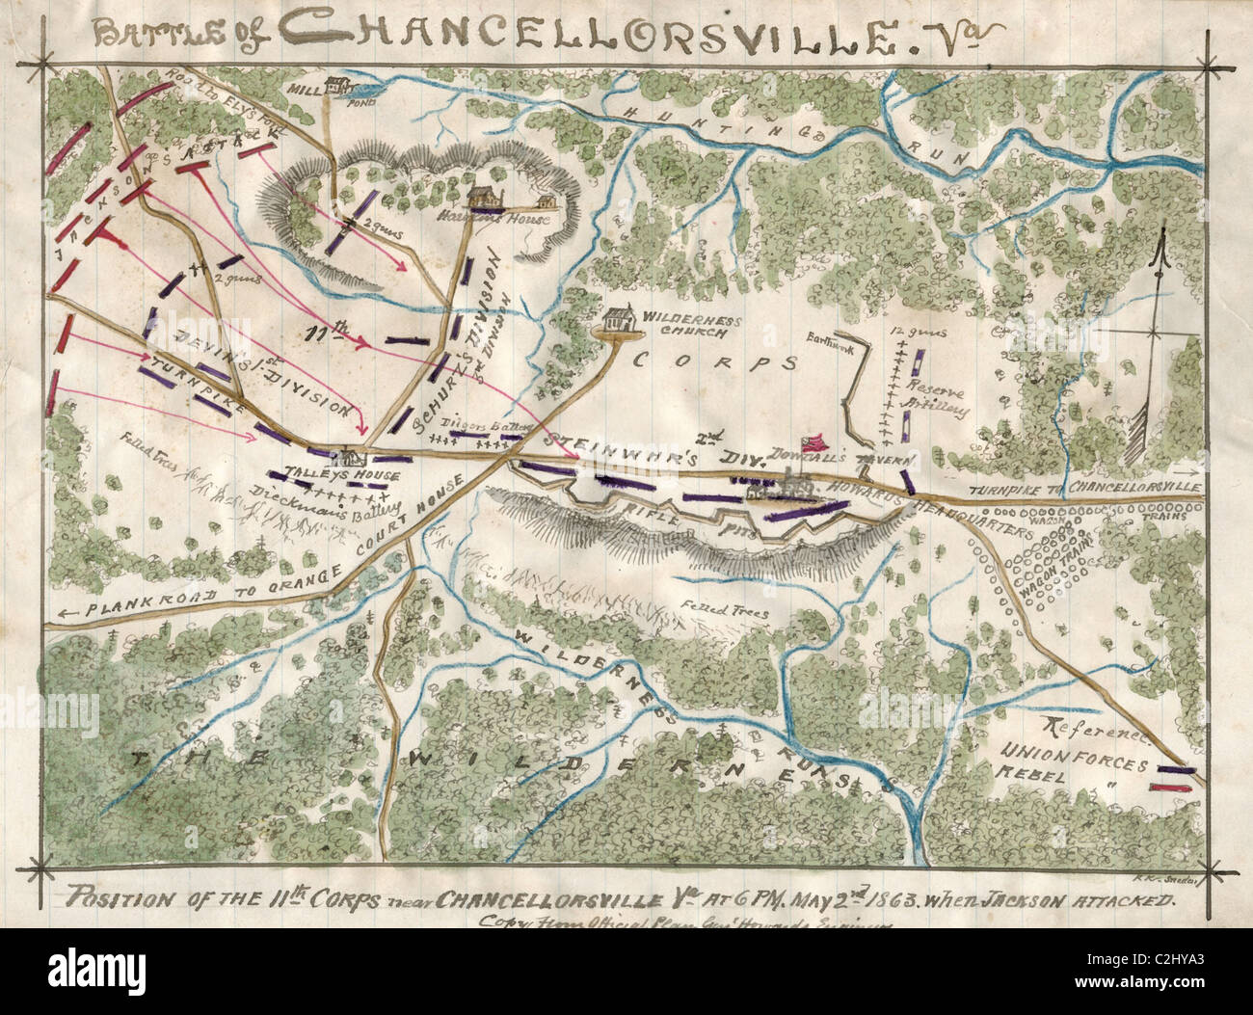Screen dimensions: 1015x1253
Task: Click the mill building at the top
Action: (x=338, y=85)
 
